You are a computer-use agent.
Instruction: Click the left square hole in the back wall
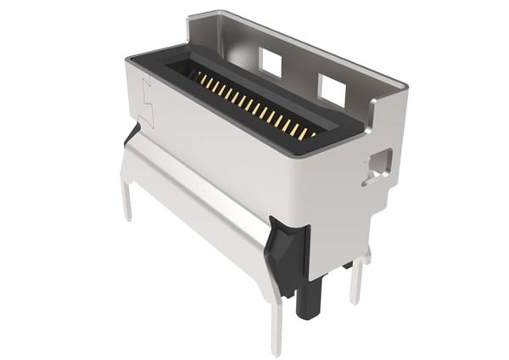point(271,60)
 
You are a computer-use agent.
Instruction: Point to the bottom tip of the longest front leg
point(276,351)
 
